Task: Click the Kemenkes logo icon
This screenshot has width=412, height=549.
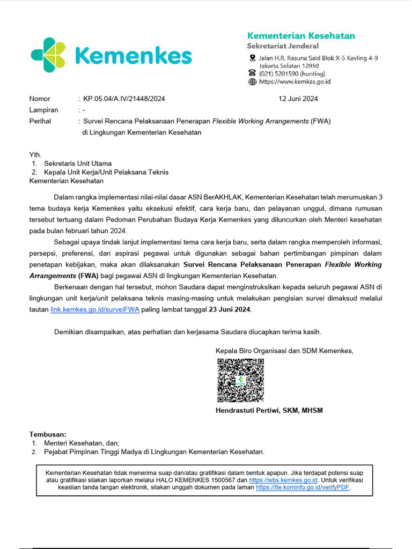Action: click(48, 55)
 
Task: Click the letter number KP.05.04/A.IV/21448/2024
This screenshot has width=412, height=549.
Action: click(124, 99)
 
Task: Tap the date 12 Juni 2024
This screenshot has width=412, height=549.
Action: click(298, 99)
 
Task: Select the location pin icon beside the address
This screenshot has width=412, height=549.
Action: click(252, 58)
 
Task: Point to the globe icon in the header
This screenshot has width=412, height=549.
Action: click(252, 81)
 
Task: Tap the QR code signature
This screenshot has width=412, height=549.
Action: click(240, 380)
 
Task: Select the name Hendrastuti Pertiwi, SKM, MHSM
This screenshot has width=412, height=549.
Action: click(269, 411)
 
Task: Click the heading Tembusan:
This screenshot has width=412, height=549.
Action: click(47, 434)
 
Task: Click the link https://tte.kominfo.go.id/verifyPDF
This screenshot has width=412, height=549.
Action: click(303, 488)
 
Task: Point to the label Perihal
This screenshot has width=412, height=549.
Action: click(40, 121)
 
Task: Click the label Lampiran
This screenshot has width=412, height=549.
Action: click(43, 110)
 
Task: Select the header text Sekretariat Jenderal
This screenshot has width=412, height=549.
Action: click(282, 46)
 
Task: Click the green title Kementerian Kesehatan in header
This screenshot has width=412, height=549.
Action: click(300, 35)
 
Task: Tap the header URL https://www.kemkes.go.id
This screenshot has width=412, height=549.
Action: click(295, 81)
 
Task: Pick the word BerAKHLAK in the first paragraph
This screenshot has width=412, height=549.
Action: click(224, 197)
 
